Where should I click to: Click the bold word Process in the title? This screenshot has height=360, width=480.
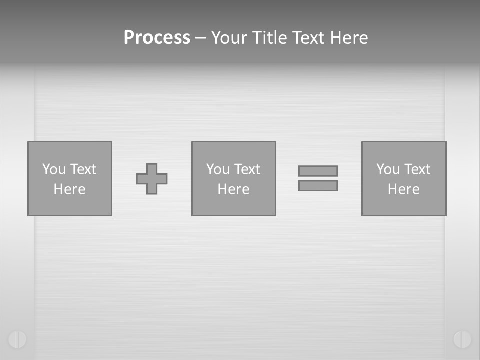[157, 38]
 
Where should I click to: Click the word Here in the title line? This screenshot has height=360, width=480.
[349, 38]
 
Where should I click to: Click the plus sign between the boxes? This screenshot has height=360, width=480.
[152, 179]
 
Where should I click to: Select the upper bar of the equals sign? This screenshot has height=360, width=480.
[318, 171]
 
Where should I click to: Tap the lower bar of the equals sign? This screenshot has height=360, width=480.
[318, 185]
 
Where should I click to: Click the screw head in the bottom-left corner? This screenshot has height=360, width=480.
[17, 339]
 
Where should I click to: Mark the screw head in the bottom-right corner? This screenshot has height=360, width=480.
[462, 339]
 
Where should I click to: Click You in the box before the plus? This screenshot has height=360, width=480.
[54, 169]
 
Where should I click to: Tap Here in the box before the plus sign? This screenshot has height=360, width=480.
[69, 189]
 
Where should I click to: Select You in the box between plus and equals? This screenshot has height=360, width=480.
[218, 169]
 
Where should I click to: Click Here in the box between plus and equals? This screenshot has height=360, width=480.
[233, 189]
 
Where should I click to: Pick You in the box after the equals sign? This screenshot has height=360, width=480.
[388, 169]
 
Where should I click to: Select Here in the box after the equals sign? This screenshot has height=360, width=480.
[403, 189]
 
